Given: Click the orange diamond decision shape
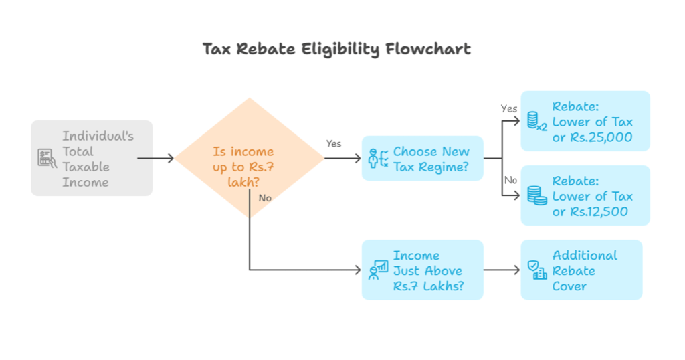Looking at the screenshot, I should tap(249, 158).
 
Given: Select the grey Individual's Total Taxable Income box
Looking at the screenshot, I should tap(92, 158).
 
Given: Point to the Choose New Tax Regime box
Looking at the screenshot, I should tap(422, 159).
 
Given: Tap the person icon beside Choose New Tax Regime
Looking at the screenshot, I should tap(378, 159).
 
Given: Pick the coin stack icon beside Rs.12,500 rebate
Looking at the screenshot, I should tap(536, 195).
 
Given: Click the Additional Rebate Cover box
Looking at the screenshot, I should tap(581, 270).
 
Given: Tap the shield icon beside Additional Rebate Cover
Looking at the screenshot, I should tap(536, 270).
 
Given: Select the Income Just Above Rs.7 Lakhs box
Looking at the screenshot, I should tap(422, 270).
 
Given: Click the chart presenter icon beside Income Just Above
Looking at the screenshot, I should tap(378, 270).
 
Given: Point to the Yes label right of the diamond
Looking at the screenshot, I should tap(333, 144).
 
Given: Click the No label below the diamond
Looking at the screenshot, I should tap(264, 198).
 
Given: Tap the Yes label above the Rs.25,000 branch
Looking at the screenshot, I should tap(509, 108).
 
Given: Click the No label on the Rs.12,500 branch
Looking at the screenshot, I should tap(510, 181).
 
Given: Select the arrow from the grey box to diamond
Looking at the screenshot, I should tap(156, 159).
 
